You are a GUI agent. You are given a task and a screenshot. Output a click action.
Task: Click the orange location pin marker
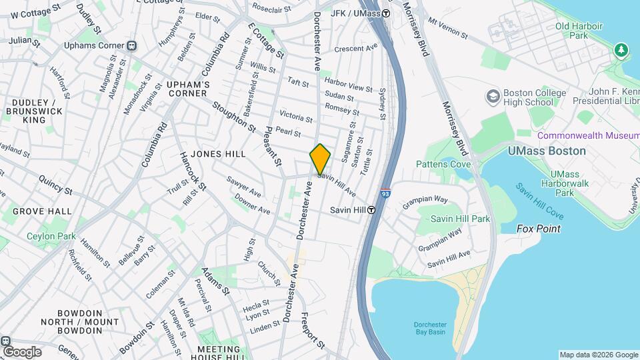320,159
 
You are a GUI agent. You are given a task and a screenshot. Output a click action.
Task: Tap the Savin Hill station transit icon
371,210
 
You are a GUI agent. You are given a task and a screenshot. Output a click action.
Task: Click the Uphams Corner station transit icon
132,46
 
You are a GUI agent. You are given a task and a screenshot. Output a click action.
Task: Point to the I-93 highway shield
385,193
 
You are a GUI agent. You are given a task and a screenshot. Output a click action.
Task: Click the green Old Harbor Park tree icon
621,49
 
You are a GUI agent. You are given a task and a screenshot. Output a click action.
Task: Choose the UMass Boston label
547,151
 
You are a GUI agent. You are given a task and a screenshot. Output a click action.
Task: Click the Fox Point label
539,229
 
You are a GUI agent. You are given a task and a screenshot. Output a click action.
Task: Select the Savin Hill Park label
460,219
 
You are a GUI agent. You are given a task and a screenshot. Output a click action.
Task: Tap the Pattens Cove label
443,164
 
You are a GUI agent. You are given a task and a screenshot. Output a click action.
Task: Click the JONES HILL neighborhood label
218,154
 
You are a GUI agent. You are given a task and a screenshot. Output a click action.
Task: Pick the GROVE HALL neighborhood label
42,211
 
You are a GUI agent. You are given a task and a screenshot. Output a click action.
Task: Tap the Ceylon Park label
51,236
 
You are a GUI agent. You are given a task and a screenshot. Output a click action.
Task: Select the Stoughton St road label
234,116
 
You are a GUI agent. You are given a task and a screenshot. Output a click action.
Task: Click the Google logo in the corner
21,351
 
